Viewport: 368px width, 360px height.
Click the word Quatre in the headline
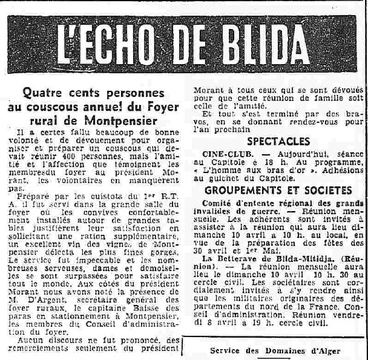[43, 94]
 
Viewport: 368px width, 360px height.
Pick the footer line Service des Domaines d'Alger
[274, 352]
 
